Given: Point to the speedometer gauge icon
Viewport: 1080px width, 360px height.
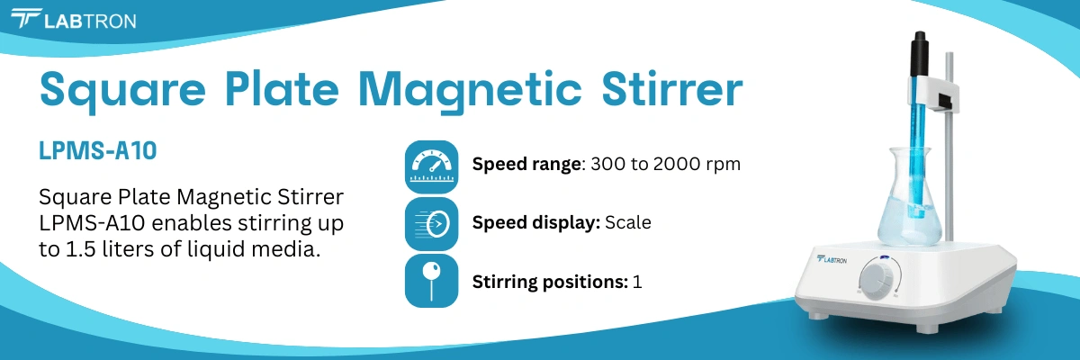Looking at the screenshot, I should pyautogui.click(x=432, y=166).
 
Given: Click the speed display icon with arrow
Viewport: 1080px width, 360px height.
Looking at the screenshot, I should pyautogui.click(x=432, y=223).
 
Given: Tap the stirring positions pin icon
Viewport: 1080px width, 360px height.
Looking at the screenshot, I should pyautogui.click(x=432, y=280).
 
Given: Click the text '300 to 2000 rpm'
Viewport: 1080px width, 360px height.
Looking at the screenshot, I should pyautogui.click(x=665, y=166).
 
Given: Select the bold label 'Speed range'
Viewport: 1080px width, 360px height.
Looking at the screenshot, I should pyautogui.click(x=527, y=166).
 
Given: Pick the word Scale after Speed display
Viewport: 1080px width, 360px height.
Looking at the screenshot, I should pyautogui.click(x=627, y=222).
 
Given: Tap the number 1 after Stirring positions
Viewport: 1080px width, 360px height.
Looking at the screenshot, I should pyautogui.click(x=637, y=281).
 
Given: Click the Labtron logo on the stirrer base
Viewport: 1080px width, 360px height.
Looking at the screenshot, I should pyautogui.click(x=832, y=261).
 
